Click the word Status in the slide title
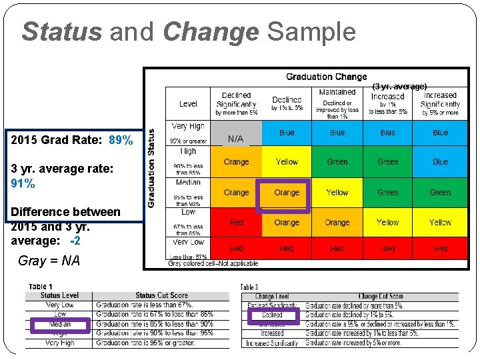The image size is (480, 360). click(61, 31)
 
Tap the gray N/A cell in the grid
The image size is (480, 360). click(236, 139)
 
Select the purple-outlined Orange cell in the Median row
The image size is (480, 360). click(287, 193)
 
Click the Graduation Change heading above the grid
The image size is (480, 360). click(327, 77)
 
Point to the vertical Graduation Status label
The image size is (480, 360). click(152, 167)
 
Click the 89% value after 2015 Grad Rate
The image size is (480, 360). click(121, 141)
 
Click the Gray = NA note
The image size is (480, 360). click(49, 261)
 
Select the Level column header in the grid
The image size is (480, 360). click(189, 103)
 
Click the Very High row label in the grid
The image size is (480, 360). click(189, 126)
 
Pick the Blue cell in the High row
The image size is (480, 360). click(440, 162)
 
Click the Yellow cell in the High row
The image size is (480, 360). click(287, 162)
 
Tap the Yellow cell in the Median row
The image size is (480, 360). click(337, 193)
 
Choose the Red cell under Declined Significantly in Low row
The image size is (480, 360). click(236, 223)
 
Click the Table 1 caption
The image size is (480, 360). click(41, 287)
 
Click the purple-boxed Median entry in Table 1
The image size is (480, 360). click(59, 325)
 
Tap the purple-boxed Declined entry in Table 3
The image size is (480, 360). click(272, 315)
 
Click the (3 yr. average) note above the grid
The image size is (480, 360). click(399, 87)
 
